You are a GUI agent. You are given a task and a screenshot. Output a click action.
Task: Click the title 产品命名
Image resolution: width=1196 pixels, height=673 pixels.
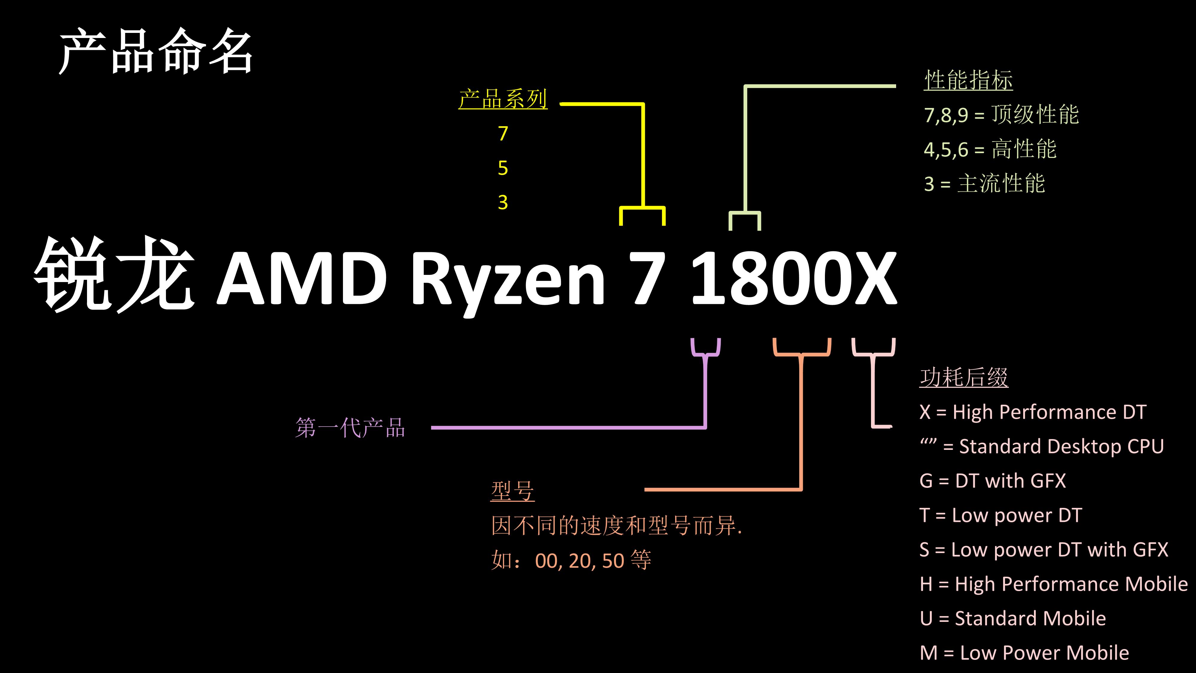(x=155, y=51)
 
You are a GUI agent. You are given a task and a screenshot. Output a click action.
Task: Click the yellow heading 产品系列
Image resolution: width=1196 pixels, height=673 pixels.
(x=503, y=99)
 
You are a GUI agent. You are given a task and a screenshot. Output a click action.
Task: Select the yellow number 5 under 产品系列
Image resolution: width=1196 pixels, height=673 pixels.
(x=503, y=168)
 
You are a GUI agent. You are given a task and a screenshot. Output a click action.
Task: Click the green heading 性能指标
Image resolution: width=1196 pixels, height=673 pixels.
(x=968, y=80)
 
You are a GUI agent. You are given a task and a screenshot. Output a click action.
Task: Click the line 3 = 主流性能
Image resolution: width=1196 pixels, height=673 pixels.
(x=984, y=183)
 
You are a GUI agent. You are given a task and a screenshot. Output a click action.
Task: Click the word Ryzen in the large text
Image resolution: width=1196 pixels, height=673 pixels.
(x=507, y=279)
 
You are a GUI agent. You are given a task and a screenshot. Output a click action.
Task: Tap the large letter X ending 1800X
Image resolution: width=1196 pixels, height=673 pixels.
(x=870, y=279)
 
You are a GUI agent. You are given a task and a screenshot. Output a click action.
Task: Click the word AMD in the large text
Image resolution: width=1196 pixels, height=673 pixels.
(x=302, y=279)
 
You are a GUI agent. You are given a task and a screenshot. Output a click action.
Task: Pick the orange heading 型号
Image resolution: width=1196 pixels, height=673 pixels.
(x=512, y=491)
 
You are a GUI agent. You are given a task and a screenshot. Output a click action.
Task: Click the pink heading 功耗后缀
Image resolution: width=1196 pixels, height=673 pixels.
(x=964, y=377)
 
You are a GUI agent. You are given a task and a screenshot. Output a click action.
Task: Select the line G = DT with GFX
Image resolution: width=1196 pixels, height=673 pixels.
(x=992, y=481)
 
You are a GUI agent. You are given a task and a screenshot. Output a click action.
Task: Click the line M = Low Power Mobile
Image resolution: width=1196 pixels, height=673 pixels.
(x=1024, y=653)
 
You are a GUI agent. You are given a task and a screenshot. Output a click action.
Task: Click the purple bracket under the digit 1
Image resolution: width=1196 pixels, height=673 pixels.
(x=706, y=353)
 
